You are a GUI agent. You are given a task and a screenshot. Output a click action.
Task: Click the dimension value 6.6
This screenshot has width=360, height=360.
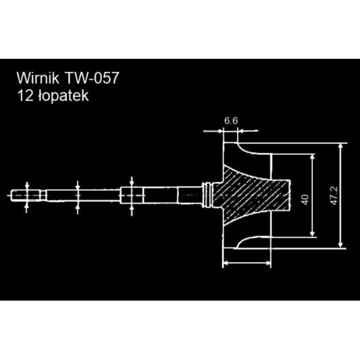(231, 121)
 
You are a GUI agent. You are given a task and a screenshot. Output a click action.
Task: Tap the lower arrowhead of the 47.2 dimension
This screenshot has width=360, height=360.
(340, 244)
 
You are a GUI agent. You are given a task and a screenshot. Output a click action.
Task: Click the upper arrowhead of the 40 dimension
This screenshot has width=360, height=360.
(313, 155)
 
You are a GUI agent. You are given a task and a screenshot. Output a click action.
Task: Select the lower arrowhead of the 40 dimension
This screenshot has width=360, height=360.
(313, 234)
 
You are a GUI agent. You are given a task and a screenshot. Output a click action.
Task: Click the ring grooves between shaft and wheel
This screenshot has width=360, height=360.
(209, 195)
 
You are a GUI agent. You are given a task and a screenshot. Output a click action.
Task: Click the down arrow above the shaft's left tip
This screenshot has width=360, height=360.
(27, 185)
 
